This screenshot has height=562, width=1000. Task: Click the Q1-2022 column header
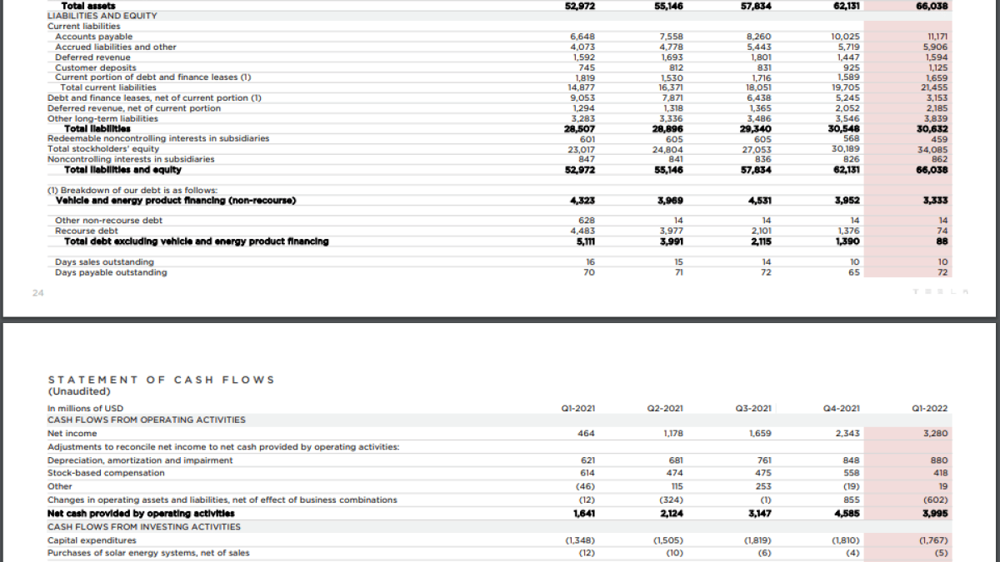click(x=930, y=408)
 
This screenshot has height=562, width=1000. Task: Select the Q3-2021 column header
click(x=753, y=408)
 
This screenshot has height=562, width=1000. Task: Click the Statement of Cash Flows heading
click(x=161, y=380)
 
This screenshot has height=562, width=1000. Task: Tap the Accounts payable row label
click(x=93, y=37)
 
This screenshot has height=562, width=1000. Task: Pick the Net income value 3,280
click(x=935, y=433)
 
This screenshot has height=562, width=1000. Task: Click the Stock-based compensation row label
click(x=106, y=473)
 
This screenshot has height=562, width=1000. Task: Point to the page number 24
click(x=38, y=293)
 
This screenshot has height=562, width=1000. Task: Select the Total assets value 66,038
click(x=932, y=6)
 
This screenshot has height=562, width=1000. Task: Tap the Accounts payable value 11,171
click(x=937, y=37)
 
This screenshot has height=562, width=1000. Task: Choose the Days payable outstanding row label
click(x=111, y=272)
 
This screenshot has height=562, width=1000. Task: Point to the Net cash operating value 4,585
click(x=846, y=513)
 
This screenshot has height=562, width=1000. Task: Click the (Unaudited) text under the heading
click(x=79, y=391)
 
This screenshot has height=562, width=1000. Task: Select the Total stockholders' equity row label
click(x=102, y=149)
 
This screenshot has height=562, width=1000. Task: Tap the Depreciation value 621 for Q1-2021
click(x=587, y=460)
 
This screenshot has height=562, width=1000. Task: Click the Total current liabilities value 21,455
click(x=934, y=87)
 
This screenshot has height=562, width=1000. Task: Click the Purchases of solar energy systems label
click(x=148, y=553)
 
